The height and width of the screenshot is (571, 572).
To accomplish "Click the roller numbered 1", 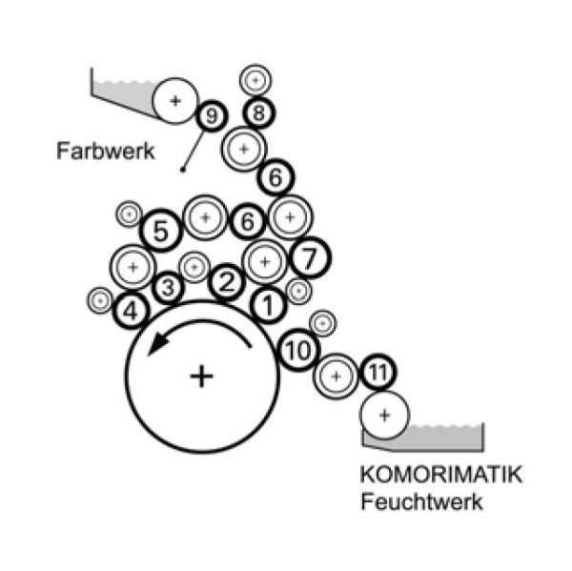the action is click(268, 305).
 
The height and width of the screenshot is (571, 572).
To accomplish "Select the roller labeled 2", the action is click(227, 282).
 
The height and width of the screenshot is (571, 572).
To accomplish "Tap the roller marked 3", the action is click(168, 288).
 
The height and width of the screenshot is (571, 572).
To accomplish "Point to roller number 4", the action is click(131, 311).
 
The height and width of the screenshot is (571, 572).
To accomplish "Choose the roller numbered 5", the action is click(161, 231).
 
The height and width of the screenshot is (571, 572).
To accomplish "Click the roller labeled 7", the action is click(311, 257).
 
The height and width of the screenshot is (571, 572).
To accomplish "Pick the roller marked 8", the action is click(259, 112).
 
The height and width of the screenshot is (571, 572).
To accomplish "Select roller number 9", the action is click(212, 116).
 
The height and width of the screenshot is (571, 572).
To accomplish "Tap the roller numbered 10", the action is click(298, 350).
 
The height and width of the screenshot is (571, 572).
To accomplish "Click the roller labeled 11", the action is click(378, 373).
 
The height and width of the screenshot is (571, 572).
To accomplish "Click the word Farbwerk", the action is click(106, 151).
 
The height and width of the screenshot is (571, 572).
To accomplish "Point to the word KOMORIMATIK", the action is click(441, 474).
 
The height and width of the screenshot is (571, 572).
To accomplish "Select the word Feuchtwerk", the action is click(421, 501).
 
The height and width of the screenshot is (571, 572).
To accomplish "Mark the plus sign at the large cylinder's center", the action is click(202, 377).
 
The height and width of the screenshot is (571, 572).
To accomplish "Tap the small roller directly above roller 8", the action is click(255, 80).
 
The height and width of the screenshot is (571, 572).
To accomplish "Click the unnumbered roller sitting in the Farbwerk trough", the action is click(175, 101).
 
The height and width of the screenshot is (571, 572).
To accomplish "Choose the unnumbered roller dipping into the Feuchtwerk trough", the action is click(385, 415).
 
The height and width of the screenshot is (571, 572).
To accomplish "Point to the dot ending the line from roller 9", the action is click(183, 170).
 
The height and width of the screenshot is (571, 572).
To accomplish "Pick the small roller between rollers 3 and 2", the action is click(194, 267).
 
